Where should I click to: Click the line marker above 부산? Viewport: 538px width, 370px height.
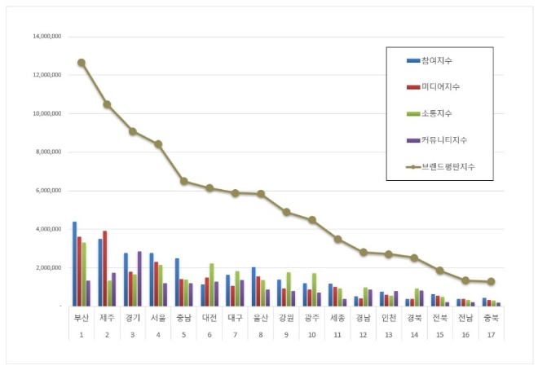coord(82,63)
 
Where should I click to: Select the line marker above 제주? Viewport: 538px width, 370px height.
coord(107,104)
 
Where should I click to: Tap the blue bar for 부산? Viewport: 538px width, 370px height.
coord(74,263)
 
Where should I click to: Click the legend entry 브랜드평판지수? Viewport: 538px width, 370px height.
coord(444,166)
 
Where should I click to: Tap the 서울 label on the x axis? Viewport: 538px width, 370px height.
coord(158,319)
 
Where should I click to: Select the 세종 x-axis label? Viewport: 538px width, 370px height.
coord(337,319)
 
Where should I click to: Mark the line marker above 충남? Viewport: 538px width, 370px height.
coord(183,181)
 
